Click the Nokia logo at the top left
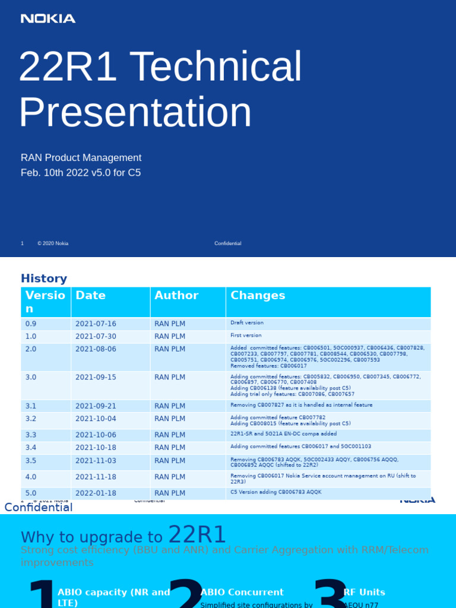point(48,18)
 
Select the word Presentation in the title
point(135,112)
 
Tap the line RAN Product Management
point(81,158)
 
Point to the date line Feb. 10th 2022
point(81,173)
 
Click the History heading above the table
point(44,278)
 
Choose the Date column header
point(90,296)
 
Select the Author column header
point(176,296)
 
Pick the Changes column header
point(258,296)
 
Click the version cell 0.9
point(31,324)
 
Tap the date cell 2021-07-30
point(96,336)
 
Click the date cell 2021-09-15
point(96,377)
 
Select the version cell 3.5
point(31,461)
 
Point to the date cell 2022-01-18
point(96,493)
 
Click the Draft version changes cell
point(247,323)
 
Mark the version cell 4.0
point(31,477)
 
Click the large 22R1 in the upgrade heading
point(197,535)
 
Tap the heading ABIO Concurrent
point(242,592)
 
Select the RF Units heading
point(364,592)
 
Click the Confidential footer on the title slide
point(227,243)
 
